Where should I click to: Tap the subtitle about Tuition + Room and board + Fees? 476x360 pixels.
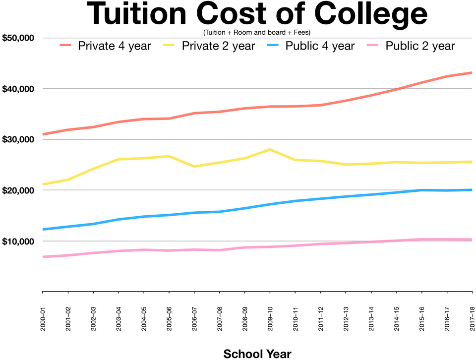pyautogui.click(x=256, y=33)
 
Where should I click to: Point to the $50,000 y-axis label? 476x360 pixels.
pyautogui.click(x=18, y=38)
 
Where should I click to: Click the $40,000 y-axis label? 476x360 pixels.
pyautogui.click(x=18, y=89)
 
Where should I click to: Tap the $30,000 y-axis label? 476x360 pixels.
pyautogui.click(x=18, y=140)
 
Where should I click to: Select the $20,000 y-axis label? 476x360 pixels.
pyautogui.click(x=18, y=190)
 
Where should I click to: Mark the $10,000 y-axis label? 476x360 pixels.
pyautogui.click(x=18, y=241)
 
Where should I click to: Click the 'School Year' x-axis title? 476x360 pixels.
pyautogui.click(x=257, y=354)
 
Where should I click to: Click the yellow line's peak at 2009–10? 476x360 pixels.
pyautogui.click(x=270, y=149)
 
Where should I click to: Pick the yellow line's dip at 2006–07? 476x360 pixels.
pyautogui.click(x=194, y=167)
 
